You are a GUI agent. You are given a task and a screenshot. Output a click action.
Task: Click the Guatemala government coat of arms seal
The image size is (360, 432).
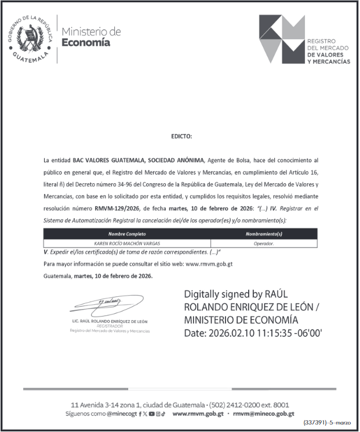(30, 39)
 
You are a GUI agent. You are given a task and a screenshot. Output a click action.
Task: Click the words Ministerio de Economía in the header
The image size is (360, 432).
(91, 37)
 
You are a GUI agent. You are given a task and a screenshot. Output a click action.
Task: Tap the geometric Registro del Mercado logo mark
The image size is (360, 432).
(281, 39)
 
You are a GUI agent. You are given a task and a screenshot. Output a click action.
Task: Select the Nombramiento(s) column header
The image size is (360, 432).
(264, 234)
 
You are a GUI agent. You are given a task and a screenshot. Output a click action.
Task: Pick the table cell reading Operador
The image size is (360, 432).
(264, 244)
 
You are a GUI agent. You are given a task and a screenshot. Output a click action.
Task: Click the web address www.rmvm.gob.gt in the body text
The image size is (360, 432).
(209, 264)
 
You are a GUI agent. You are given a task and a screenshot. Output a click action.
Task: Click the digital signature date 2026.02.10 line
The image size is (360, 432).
(253, 333)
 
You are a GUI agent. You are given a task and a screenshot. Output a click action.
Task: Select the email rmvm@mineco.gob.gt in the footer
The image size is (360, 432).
(264, 414)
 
